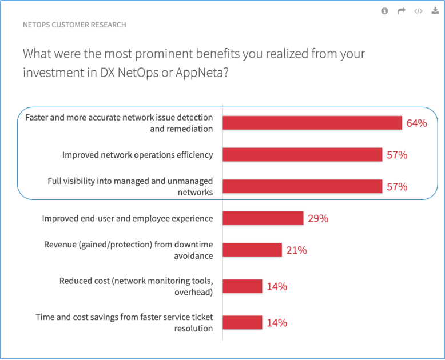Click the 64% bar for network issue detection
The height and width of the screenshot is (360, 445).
(x=312, y=123)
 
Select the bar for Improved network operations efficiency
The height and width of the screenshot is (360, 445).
(x=302, y=155)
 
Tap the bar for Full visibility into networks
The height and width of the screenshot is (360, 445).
(x=302, y=187)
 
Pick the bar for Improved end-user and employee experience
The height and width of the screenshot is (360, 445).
(x=263, y=218)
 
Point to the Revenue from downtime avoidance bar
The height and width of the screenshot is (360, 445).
(x=252, y=250)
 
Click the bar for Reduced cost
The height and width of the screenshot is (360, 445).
(x=242, y=286)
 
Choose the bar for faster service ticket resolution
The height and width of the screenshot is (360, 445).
(x=242, y=323)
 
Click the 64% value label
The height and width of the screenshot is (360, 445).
(x=417, y=123)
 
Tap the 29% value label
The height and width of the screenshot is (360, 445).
(x=318, y=218)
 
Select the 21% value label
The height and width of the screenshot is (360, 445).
(x=297, y=250)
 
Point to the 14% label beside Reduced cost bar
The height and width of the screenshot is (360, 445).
(x=277, y=286)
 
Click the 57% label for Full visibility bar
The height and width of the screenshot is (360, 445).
(x=397, y=187)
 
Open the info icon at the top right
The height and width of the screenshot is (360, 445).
(x=385, y=11)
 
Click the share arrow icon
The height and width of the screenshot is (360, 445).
(x=402, y=11)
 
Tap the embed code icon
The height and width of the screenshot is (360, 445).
(x=418, y=11)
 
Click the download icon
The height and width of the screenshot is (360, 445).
(x=435, y=11)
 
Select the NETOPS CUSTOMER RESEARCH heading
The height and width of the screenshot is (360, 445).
(x=74, y=25)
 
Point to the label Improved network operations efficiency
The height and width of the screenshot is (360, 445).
(x=137, y=155)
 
